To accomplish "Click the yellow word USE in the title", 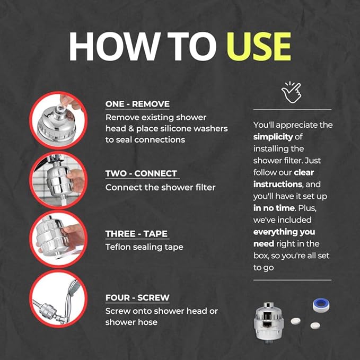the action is click(259, 46).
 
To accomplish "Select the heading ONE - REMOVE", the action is click(137, 104).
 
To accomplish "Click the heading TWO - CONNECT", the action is click(141, 173).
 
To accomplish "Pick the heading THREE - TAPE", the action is click(136, 234).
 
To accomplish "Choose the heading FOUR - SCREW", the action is click(137, 297).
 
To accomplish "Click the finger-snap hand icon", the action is click(291, 92).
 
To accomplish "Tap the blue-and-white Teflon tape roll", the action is click(321, 305).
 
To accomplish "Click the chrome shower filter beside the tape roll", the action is click(268, 321).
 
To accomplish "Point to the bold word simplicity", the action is click(273, 137).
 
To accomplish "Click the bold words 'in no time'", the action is click(274, 208).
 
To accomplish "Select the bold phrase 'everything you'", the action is click(284, 232).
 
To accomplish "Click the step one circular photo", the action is click(58, 120).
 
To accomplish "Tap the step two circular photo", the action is click(58, 180).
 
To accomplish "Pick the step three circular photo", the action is click(58, 239).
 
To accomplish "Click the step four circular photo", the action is click(58, 298).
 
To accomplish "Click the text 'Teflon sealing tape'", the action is click(144, 247).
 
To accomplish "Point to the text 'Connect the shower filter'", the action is click(160, 187).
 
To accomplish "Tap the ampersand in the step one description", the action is click(131, 128).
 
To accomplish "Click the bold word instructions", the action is click(278, 185).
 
